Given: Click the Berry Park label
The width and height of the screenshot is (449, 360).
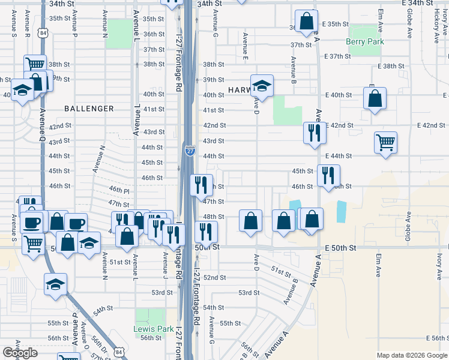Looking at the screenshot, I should pos(365,41).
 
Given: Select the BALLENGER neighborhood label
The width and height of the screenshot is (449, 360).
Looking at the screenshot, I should pos(89,109).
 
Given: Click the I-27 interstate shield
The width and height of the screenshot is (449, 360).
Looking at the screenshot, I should pos(190,150).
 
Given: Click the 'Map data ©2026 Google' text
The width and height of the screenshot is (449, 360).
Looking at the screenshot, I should pos(412,355).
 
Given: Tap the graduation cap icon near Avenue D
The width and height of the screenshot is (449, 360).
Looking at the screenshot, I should pos(262,86).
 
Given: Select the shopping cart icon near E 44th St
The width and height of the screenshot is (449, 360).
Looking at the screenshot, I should pos(385,143).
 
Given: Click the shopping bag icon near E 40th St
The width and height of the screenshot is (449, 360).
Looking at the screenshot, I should pos(375,99).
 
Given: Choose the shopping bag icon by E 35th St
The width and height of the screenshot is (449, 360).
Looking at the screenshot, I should pos(306,21).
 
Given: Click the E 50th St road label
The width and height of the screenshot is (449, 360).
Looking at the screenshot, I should pos(340,248).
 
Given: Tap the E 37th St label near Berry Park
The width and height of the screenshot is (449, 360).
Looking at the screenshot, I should pos(337,56).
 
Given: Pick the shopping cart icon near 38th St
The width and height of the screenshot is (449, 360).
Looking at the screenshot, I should pos(35,64).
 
